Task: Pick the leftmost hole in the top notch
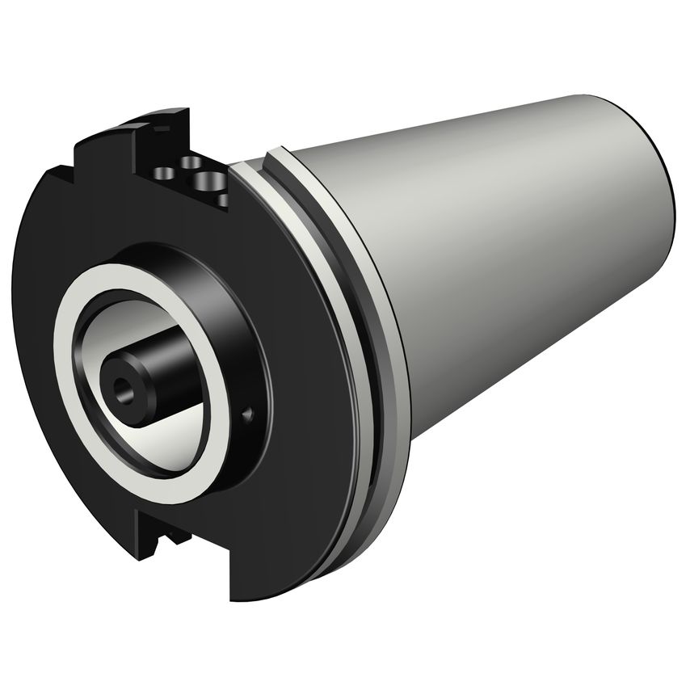tap(163, 172)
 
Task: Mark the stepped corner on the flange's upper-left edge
tap(61, 171)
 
